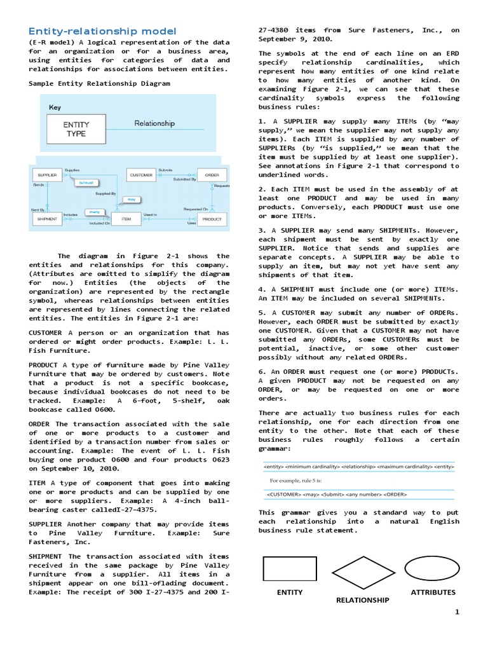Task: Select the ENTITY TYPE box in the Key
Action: [76, 129]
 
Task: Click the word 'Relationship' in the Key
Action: [154, 124]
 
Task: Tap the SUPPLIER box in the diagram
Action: [48, 175]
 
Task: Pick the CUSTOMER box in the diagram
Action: [141, 175]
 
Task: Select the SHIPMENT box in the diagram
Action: [48, 219]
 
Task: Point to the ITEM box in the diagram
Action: [126, 219]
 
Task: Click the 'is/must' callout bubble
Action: [85, 182]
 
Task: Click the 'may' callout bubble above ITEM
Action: [131, 199]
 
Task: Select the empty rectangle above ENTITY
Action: [290, 568]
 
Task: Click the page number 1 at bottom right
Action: [456, 612]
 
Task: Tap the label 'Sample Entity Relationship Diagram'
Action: [100, 83]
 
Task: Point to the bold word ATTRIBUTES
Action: [433, 592]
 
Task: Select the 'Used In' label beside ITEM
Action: [150, 215]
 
